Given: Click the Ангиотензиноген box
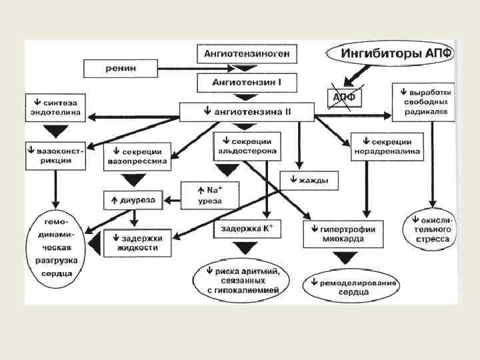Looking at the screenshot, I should [x=247, y=55].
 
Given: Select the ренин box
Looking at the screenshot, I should [x=119, y=68].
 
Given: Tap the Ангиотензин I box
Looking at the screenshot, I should [x=247, y=83].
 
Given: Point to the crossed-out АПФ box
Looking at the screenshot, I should [x=343, y=97].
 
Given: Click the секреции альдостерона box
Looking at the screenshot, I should [x=247, y=147].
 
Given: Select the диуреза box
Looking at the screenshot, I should [x=133, y=199].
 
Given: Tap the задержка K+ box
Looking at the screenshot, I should [x=247, y=229].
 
